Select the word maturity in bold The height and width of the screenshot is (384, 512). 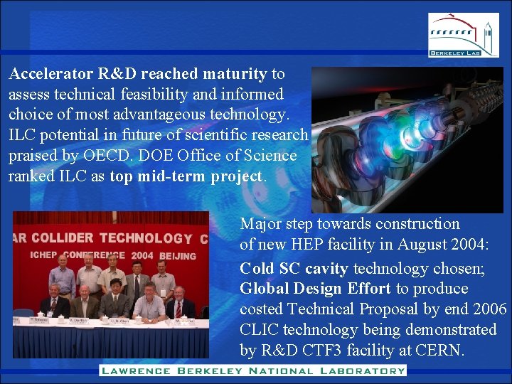tap(235, 74)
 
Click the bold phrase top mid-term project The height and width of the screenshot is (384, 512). tap(186, 176)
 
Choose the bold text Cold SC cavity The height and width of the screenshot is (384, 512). tap(294, 268)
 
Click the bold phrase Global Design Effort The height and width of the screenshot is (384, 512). tap(315, 289)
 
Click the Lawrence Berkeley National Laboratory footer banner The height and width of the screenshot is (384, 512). tap(252, 370)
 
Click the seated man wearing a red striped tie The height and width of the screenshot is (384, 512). tap(181, 304)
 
